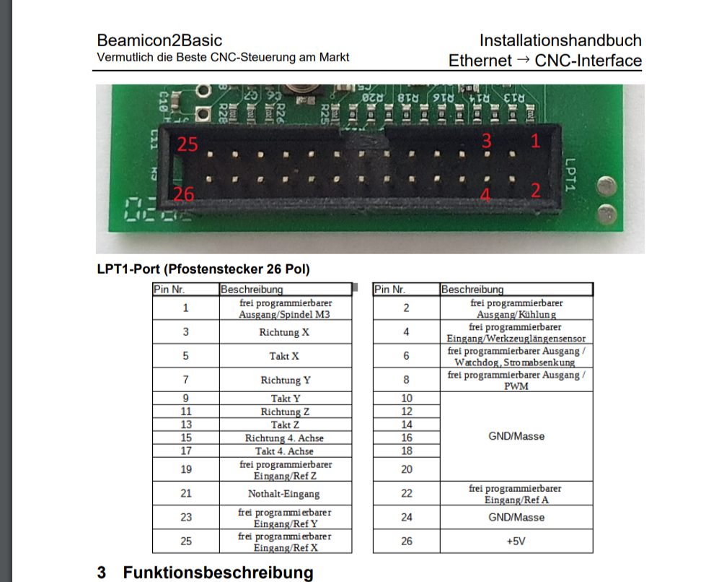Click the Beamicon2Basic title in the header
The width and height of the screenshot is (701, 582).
click(x=159, y=40)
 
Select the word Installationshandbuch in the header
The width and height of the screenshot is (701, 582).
click(x=560, y=40)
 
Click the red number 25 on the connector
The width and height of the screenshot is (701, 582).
click(x=188, y=144)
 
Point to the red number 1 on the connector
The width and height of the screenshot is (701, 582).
click(x=535, y=142)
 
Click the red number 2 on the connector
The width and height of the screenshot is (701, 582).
click(x=536, y=191)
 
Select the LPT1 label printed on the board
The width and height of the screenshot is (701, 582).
click(x=570, y=174)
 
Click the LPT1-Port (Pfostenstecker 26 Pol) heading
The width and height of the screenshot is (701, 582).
click(x=203, y=270)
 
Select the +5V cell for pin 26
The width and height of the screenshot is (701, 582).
click(x=515, y=542)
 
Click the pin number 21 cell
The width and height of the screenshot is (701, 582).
click(x=186, y=494)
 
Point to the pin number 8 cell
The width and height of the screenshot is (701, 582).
click(x=406, y=380)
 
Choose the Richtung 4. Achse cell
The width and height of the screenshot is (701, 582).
click(x=284, y=438)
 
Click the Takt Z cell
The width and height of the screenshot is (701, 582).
click(x=285, y=425)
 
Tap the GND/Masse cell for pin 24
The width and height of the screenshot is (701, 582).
click(x=516, y=517)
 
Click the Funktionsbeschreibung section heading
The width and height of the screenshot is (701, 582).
click(x=218, y=573)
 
